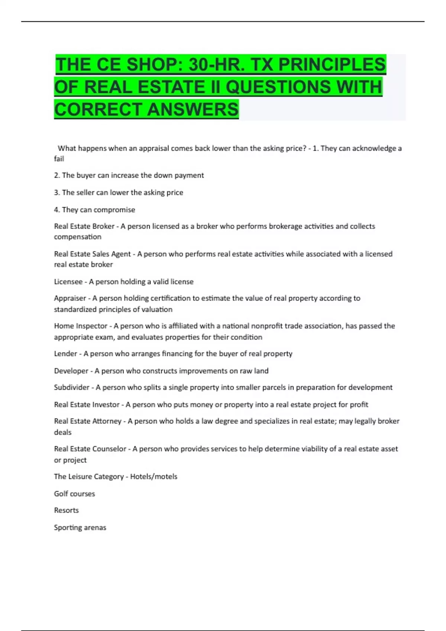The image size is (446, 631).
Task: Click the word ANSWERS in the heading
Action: (193, 109)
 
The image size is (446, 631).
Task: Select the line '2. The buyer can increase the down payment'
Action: (129, 175)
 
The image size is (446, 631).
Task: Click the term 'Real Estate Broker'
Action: (84, 226)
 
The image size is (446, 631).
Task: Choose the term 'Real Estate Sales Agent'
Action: (92, 254)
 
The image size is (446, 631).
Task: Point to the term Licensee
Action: (68, 282)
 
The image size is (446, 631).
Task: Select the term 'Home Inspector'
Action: (81, 326)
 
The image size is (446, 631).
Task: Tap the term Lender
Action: (65, 354)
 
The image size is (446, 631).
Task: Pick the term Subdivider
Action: (72, 388)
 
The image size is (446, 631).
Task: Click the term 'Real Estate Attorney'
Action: (88, 421)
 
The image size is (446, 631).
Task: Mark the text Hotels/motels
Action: (153, 477)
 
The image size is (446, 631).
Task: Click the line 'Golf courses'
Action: (74, 494)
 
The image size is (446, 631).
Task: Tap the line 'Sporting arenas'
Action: (80, 527)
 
